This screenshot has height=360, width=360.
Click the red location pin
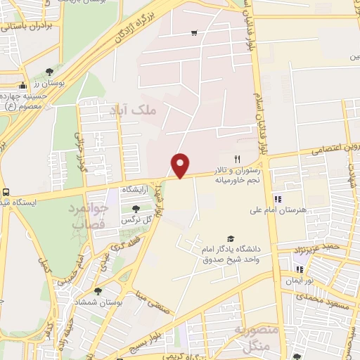click(x=181, y=165)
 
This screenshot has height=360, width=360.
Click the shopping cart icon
click(x=194, y=33)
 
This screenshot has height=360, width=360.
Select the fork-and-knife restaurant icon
click(x=237, y=160)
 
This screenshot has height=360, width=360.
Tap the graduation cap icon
click(x=230, y=239)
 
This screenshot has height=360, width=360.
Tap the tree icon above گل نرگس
click(x=136, y=208)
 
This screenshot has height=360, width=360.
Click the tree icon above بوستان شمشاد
click(x=98, y=290)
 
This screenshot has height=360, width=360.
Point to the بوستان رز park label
click(x=51, y=84)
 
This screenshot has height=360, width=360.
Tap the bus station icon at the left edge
click(x=6, y=192)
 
